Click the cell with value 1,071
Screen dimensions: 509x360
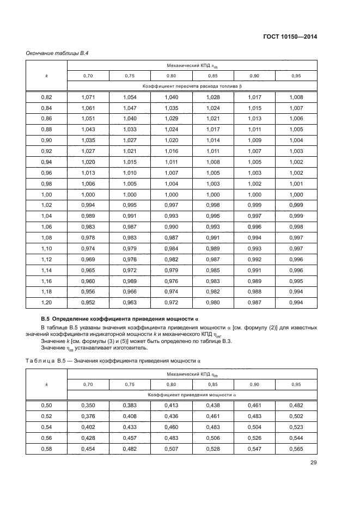click(x=88, y=97)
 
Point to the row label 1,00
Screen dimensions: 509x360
click(x=46, y=195)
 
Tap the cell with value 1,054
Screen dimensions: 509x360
click(x=130, y=97)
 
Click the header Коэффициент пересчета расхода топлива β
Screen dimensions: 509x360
click(x=192, y=86)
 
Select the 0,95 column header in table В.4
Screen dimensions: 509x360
click(x=296, y=76)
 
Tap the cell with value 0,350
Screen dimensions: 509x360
click(x=88, y=406)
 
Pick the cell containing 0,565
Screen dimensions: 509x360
click(x=296, y=449)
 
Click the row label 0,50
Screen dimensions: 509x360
click(x=46, y=406)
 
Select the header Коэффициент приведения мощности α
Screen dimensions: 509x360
click(x=192, y=394)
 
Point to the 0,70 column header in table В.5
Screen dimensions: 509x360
click(x=88, y=384)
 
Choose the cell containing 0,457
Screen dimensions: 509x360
click(x=130, y=438)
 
